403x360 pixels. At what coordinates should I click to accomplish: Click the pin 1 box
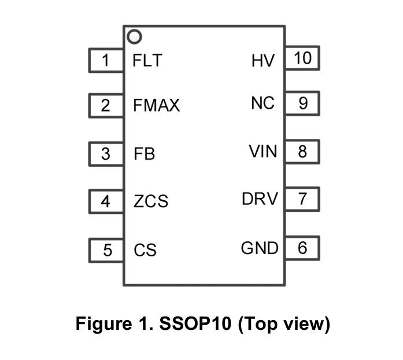[x=106, y=60]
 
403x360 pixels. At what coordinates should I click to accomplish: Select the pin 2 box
[x=106, y=106]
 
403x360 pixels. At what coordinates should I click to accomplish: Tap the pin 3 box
[x=106, y=154]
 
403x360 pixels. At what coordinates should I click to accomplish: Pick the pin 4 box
[x=106, y=201]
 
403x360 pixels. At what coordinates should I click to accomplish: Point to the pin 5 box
[x=106, y=250]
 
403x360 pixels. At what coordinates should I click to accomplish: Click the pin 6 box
[x=302, y=248]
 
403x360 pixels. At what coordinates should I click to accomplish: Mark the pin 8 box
[x=302, y=152]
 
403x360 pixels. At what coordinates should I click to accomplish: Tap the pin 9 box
[x=302, y=104]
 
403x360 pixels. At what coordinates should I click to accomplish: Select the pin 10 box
[x=302, y=58]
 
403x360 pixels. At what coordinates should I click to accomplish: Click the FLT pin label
[x=147, y=60]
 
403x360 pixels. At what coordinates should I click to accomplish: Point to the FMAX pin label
[x=156, y=106]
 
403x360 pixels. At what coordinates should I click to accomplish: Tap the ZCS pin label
[x=150, y=201]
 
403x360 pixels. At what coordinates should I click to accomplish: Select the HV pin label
[x=263, y=60]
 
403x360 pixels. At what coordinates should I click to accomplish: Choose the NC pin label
[x=263, y=104]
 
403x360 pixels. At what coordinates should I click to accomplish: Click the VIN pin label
[x=263, y=152]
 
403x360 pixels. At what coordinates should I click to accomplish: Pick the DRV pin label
[x=260, y=200]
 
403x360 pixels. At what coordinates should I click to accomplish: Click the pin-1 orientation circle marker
[x=135, y=36]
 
